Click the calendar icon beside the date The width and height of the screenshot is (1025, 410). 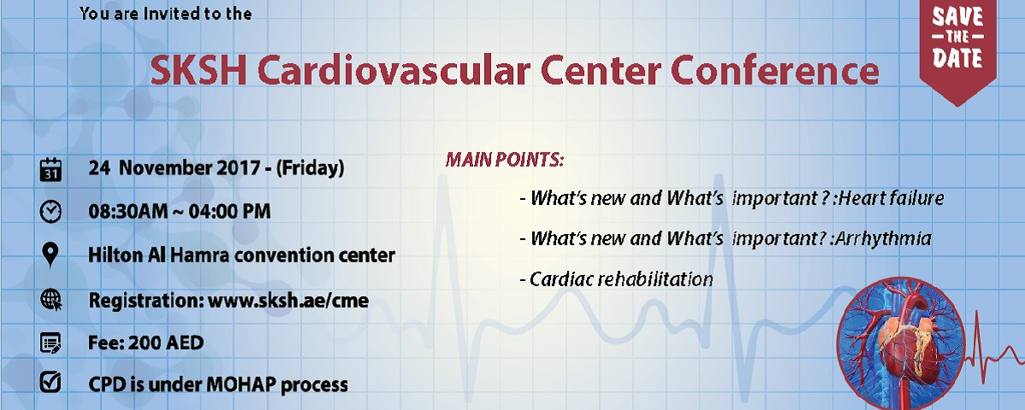(50, 170)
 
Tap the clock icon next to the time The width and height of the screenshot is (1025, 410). (50, 212)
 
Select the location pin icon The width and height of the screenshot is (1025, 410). (50, 255)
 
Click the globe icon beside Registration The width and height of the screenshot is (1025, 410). (51, 300)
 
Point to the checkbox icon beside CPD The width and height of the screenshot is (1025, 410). (50, 382)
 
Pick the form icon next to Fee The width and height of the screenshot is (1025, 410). (50, 343)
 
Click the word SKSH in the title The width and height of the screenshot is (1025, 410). (198, 70)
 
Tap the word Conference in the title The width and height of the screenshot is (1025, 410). (775, 70)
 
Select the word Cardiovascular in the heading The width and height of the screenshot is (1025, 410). (394, 70)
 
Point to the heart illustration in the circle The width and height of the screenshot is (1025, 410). (900, 344)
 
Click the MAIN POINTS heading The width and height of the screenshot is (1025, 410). (505, 160)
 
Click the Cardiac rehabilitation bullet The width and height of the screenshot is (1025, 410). (617, 279)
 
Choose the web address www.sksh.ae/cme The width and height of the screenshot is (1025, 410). (289, 301)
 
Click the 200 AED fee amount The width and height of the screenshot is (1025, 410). (166, 343)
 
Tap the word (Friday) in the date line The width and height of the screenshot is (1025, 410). (310, 168)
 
